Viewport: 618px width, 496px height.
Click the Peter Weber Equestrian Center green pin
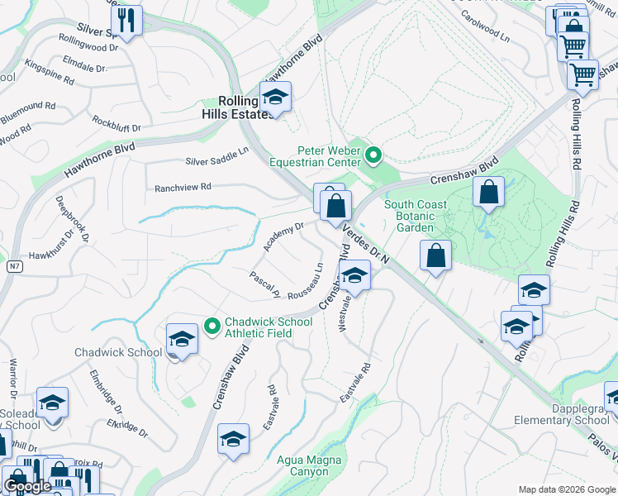373,155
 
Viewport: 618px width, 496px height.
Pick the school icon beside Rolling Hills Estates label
275,98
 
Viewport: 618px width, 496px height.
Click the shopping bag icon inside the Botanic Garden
489,192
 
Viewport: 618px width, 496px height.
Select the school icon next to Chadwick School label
181,339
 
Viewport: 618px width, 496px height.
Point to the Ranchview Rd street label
183,188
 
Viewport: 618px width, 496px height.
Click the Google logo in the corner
27,486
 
